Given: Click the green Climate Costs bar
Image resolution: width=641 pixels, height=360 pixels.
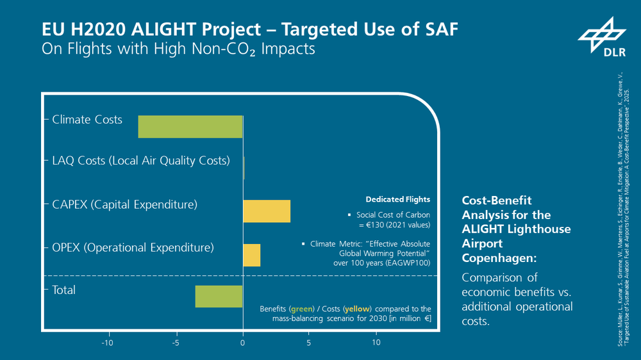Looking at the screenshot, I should pyautogui.click(x=190, y=126).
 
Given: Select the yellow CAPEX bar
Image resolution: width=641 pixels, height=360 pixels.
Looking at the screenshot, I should pyautogui.click(x=267, y=211).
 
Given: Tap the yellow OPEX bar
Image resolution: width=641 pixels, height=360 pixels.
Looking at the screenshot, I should pyautogui.click(x=251, y=255).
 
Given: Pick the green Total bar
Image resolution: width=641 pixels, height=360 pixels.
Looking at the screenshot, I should pyautogui.click(x=219, y=297).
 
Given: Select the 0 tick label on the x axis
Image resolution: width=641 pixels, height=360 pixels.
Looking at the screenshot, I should pyautogui.click(x=243, y=343).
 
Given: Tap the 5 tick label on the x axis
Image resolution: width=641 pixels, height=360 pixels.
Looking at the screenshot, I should pyautogui.click(x=309, y=343).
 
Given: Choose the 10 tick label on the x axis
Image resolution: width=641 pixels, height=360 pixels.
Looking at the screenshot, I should pyautogui.click(x=376, y=343).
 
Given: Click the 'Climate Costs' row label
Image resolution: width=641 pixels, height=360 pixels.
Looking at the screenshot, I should pyautogui.click(x=87, y=120).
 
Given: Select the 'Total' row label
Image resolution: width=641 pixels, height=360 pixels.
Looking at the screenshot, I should pyautogui.click(x=64, y=290).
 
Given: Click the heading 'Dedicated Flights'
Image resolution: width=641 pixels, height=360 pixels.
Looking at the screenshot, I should pyautogui.click(x=397, y=199).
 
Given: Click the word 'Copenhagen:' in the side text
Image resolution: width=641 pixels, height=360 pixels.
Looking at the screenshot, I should pyautogui.click(x=492, y=257).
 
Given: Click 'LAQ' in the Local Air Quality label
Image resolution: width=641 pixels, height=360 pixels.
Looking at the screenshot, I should pyautogui.click(x=64, y=161).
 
